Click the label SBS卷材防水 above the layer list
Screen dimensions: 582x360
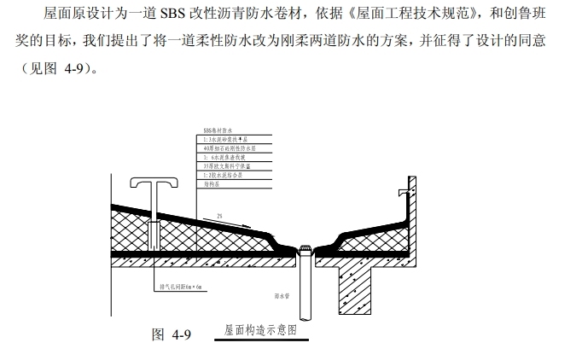pos(218,130)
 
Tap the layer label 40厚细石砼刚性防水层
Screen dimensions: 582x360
pos(231,148)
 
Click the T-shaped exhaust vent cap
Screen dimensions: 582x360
pos(154,183)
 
